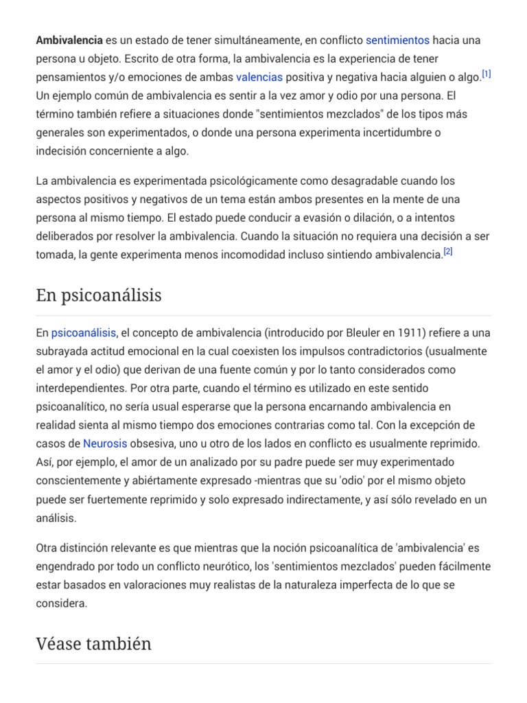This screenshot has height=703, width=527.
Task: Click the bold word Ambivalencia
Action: coord(69,41)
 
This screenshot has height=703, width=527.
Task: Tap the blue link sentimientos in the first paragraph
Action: coord(397,41)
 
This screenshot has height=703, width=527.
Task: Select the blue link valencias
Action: coord(259,77)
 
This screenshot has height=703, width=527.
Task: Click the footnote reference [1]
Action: coord(486,74)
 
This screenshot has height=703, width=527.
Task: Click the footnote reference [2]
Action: coord(447,252)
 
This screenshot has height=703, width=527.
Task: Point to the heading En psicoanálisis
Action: coord(99,295)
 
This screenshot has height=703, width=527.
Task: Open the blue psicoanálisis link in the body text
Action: coord(84,333)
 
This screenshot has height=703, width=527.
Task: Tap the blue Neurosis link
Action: coord(105,443)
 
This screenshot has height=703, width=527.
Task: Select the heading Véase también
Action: coord(93,643)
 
